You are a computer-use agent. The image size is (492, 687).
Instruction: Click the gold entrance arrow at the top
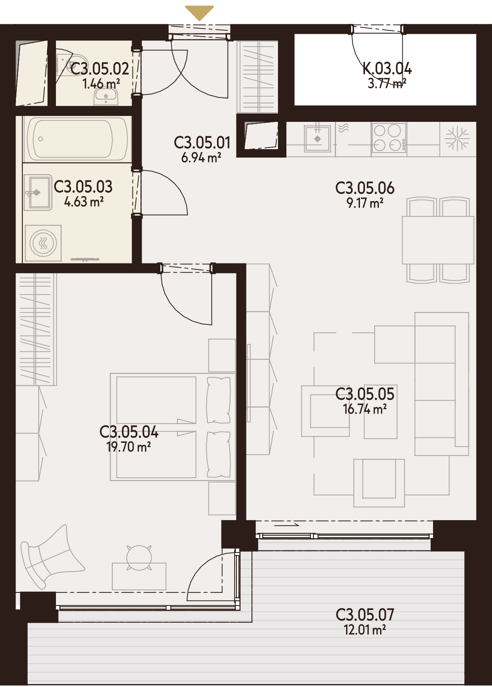[200, 13]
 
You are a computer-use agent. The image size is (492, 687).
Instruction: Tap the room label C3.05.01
[202, 143]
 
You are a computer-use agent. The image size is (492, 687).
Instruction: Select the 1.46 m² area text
[101, 84]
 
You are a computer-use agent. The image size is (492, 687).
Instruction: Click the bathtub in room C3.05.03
[77, 140]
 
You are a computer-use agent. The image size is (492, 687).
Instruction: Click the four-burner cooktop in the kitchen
[389, 138]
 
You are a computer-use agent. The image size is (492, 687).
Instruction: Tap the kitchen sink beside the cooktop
[317, 139]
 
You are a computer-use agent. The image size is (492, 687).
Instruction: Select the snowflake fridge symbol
[458, 139]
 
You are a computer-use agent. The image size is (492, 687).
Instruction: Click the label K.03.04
[387, 69]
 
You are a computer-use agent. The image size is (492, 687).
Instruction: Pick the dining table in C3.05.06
[438, 240]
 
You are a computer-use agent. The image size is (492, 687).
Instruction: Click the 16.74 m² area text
[365, 409]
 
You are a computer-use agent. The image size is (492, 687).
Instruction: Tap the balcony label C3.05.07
[365, 615]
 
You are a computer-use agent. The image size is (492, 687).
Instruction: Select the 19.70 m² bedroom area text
[129, 447]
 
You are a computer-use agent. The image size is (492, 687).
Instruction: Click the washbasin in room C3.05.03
[37, 192]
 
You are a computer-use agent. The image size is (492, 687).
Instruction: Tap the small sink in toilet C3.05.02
[106, 96]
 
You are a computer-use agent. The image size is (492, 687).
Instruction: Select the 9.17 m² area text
[365, 203]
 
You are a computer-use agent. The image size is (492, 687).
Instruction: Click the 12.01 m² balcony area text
[365, 630]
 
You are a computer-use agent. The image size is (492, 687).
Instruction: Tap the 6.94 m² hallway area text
[201, 158]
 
